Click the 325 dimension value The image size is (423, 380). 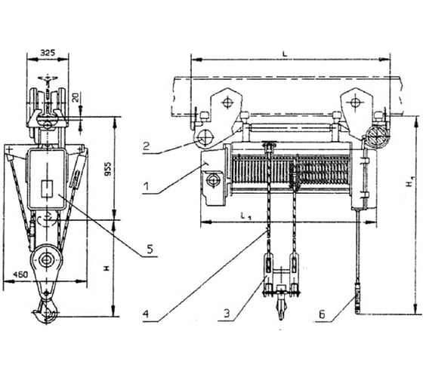coord(48,52)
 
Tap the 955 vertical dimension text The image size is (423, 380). coord(107,169)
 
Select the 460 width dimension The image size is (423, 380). coord(20,274)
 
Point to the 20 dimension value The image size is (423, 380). coord(76,97)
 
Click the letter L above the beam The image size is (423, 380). coord(285,54)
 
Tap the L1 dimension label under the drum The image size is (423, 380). coord(245,216)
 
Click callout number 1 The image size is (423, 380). coord(147,186)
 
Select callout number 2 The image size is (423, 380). coord(146,146)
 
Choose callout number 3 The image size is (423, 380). coord(227,313)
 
